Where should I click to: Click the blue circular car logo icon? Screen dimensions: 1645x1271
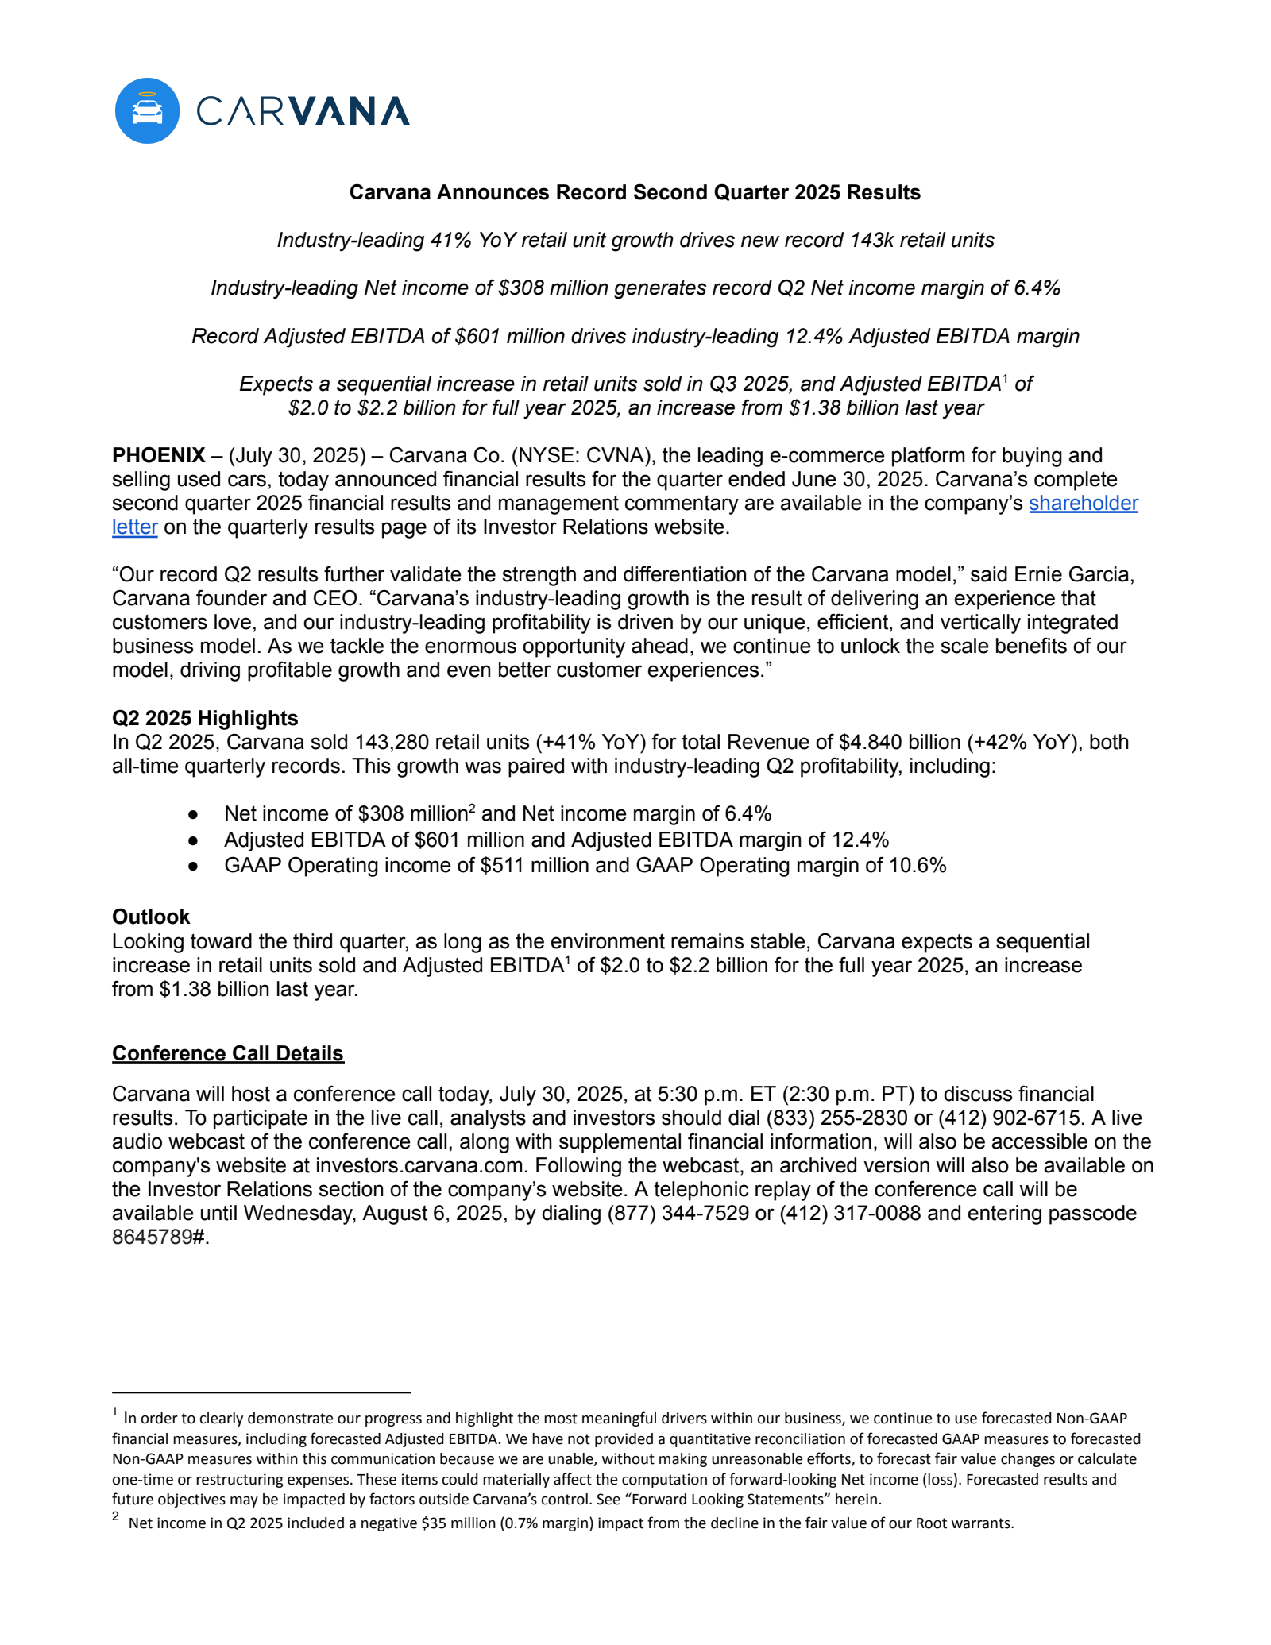147,110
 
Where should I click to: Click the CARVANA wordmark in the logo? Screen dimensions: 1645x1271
303,112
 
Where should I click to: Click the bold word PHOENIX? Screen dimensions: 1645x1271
158,455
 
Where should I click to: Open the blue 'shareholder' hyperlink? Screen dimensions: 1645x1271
1084,503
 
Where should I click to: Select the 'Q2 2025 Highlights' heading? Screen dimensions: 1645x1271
205,718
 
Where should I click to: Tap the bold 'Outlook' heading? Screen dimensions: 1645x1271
151,917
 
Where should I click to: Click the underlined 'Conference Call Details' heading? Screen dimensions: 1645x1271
228,1053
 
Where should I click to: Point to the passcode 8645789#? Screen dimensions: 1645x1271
159,1238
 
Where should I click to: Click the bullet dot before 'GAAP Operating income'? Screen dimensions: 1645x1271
193,866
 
